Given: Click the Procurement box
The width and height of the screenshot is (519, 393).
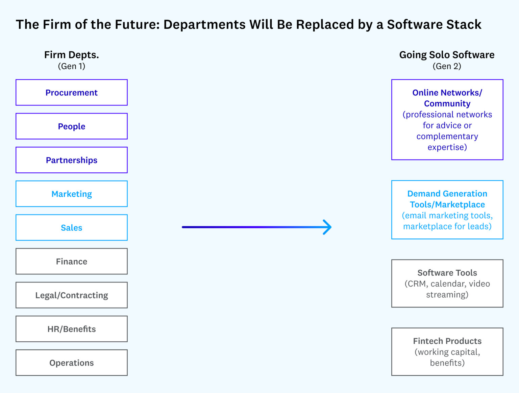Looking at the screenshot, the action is (x=71, y=93).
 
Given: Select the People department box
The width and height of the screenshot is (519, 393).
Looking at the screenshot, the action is (x=71, y=126).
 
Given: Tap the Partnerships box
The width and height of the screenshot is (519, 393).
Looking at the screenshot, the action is (x=71, y=160).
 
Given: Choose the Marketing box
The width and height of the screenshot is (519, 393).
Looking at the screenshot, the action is (x=71, y=194).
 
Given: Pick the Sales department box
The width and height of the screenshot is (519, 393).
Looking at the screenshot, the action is (x=71, y=228).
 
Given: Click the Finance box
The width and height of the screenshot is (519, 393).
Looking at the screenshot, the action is (x=71, y=261).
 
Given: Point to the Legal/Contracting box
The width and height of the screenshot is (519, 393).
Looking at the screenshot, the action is (x=71, y=295).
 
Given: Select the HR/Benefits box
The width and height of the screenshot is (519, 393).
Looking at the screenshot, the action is (x=71, y=329).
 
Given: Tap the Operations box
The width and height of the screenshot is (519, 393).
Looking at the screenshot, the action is (x=71, y=363).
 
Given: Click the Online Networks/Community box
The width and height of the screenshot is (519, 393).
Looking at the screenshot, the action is (x=447, y=120).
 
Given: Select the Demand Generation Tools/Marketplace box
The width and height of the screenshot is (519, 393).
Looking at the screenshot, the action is (x=447, y=210).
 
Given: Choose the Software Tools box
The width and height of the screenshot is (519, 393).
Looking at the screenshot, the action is (x=447, y=284).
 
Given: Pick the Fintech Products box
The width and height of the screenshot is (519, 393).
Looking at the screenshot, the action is (x=447, y=352).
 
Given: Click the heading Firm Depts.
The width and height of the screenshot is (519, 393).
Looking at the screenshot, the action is (x=71, y=55).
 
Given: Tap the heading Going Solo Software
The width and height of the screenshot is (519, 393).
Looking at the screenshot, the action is (x=447, y=55).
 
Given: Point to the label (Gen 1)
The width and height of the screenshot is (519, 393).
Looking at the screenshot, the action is (x=71, y=66).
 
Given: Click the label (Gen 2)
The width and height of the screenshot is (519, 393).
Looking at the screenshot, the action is (x=447, y=66).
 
